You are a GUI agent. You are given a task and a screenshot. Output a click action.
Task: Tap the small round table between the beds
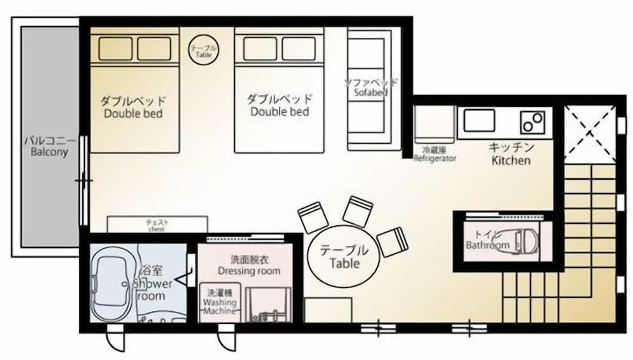pyautogui.click(x=204, y=49)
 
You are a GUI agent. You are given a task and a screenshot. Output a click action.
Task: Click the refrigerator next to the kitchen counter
pyautogui.click(x=434, y=124)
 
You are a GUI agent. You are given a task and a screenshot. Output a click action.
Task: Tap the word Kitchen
pyautogui.click(x=511, y=161)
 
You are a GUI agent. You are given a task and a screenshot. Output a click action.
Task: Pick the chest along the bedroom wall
pyautogui.click(x=157, y=224)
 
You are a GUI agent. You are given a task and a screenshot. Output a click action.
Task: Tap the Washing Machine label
pyautogui.click(x=219, y=302)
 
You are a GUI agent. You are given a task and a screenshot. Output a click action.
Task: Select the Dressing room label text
pyautogui.click(x=249, y=265)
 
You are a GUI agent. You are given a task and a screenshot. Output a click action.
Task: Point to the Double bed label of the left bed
pyautogui.click(x=133, y=108)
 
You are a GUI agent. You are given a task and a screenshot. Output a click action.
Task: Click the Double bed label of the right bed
pyautogui.click(x=279, y=105)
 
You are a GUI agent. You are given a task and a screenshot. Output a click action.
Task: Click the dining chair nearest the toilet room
pyautogui.click(x=392, y=241)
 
